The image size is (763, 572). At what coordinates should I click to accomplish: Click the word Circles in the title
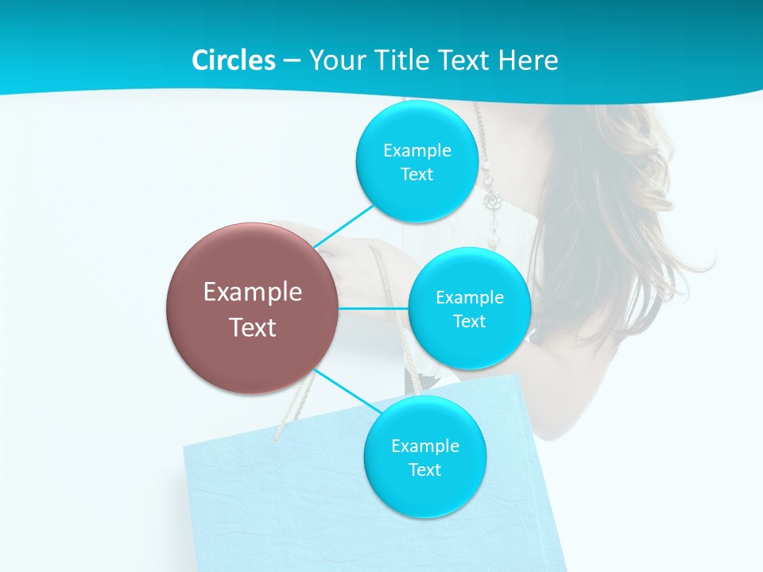pyautogui.click(x=233, y=60)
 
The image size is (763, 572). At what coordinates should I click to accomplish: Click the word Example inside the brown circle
pyautogui.click(x=253, y=292)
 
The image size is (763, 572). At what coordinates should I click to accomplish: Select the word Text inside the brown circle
pyautogui.click(x=253, y=327)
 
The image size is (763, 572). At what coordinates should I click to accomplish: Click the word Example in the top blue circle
pyautogui.click(x=417, y=150)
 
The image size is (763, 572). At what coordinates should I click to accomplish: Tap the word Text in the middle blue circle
pyautogui.click(x=469, y=321)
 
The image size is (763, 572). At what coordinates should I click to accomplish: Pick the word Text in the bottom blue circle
pyautogui.click(x=424, y=470)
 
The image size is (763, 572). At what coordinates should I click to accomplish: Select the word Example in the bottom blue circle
pyautogui.click(x=425, y=446)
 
